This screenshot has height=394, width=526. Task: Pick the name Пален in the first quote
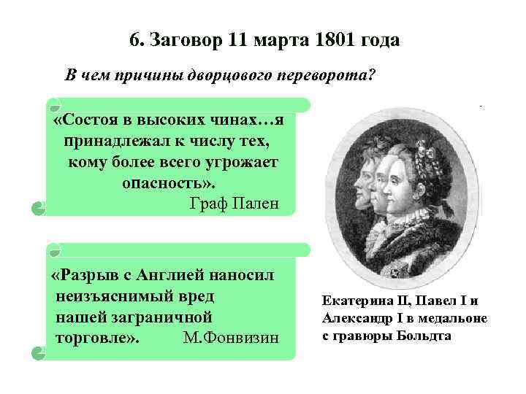pyautogui.click(x=255, y=202)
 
